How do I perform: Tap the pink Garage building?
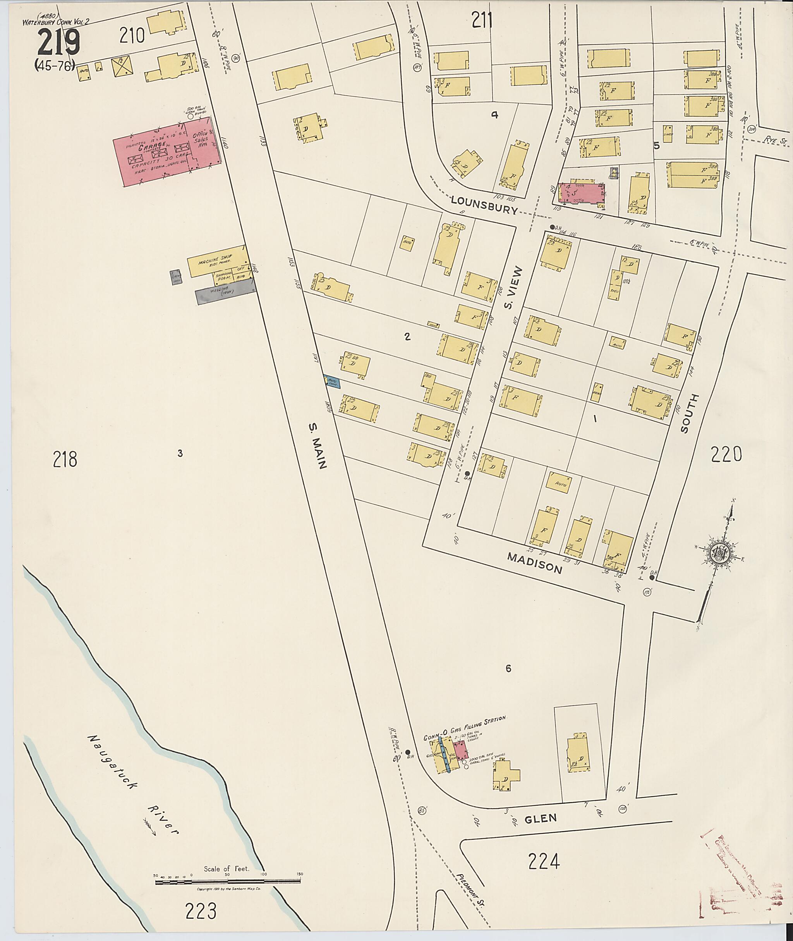(x=162, y=153)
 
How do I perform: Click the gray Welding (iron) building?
(x=225, y=292)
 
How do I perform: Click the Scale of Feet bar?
(x=228, y=883)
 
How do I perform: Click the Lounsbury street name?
(x=484, y=205)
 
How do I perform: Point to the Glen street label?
(x=541, y=818)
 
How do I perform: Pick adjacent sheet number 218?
(x=65, y=459)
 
